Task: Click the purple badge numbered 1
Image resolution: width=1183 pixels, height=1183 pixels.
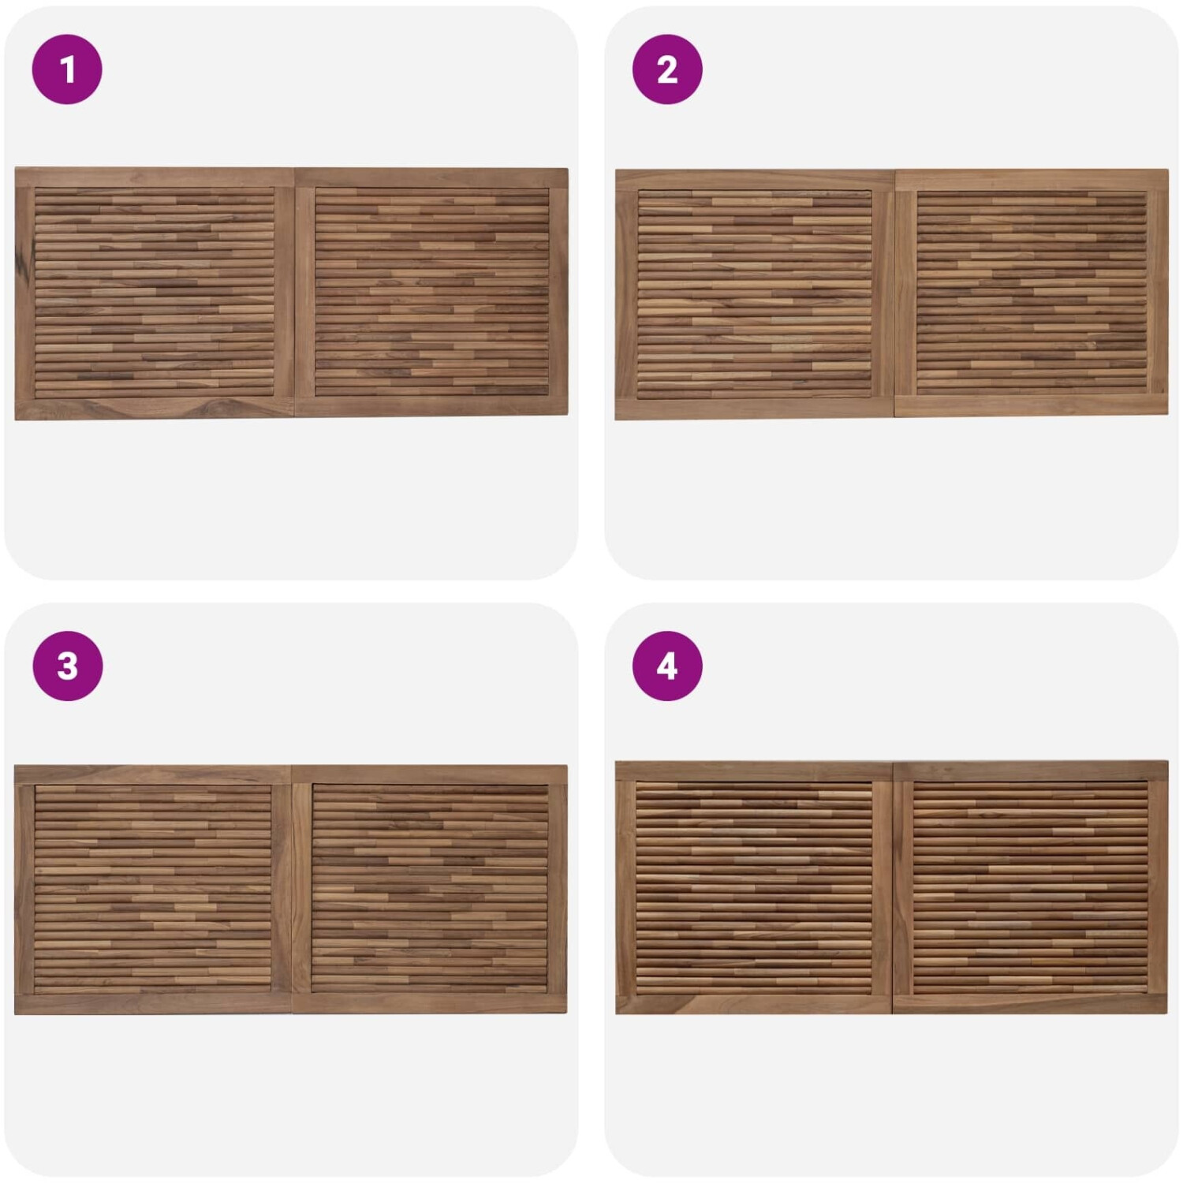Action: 67,69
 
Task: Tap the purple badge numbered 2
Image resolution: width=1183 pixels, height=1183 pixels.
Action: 667,69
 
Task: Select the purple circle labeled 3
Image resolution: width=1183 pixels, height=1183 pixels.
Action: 67,666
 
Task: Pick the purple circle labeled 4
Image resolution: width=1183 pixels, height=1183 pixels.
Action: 667,666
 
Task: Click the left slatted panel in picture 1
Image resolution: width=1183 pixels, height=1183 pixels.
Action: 155,292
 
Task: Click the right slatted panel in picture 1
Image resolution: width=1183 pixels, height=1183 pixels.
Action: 432,292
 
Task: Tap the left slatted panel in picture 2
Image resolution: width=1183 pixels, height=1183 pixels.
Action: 755,294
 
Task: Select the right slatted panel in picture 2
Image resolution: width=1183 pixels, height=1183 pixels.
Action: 1032,293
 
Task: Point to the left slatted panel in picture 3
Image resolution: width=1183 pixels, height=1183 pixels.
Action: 153,889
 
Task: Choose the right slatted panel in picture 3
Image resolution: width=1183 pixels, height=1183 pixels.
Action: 430,888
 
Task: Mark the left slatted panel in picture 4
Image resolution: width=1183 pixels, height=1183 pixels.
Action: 754,889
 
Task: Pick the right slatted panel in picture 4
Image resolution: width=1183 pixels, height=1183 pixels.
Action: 1030,888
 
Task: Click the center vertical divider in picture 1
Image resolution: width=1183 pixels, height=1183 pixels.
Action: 294,292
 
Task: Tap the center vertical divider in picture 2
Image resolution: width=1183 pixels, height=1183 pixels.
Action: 894,293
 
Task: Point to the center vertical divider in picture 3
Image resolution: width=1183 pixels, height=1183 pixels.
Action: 292,889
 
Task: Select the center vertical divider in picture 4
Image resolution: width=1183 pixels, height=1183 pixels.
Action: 893,889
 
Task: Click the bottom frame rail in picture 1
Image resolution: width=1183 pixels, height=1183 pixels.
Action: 291,409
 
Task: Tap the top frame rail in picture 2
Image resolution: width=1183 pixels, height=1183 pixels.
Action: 891,180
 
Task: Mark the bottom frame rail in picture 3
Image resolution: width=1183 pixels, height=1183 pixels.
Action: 291,1004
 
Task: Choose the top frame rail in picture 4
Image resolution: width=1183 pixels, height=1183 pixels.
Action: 891,771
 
